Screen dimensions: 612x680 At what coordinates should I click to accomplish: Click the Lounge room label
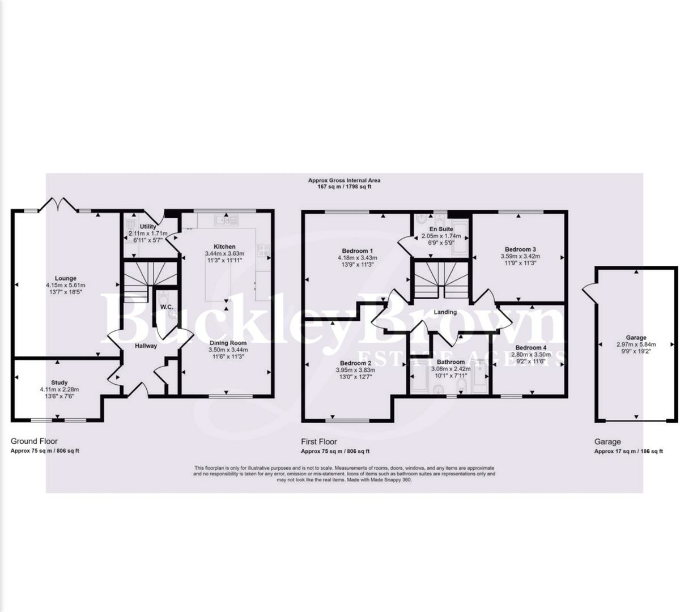click(66, 278)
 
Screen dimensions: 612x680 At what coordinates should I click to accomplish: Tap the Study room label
click(59, 382)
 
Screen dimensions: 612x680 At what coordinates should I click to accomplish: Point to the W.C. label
click(166, 307)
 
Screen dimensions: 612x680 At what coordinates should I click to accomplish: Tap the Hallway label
click(146, 346)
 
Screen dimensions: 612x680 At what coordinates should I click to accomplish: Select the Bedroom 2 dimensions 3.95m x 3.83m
click(355, 370)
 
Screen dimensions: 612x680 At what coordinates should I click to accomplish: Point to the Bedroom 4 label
click(531, 347)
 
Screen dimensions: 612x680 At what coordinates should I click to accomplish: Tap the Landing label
click(445, 312)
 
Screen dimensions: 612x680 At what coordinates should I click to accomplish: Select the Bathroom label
click(450, 362)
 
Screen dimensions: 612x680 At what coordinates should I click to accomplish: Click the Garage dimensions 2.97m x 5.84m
click(636, 344)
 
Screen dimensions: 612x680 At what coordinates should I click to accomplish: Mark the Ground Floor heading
click(34, 441)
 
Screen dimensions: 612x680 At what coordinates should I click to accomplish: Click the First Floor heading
click(318, 441)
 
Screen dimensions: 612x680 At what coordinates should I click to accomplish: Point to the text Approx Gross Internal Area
click(344, 180)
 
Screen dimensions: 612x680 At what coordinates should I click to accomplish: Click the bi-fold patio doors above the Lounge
click(55, 203)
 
